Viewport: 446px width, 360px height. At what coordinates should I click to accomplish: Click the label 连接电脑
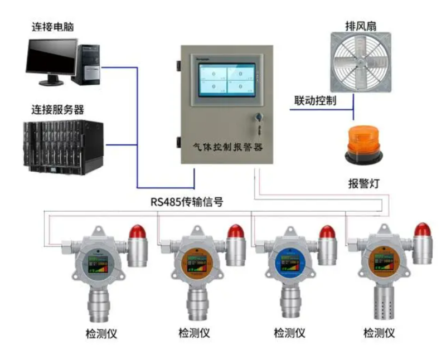54,26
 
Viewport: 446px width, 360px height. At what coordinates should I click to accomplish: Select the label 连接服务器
59,109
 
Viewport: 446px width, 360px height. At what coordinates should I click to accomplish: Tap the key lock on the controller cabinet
258,118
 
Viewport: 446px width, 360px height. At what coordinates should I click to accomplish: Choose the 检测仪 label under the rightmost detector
379,333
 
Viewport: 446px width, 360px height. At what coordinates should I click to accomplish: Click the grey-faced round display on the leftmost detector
97,264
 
